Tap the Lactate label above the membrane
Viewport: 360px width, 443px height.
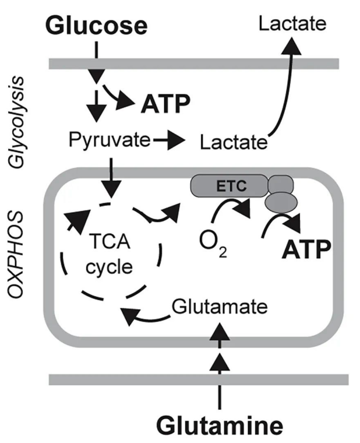coord(293,24)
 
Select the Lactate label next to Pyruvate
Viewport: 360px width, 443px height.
coord(233,142)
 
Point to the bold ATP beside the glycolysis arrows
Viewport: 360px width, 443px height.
coord(165,105)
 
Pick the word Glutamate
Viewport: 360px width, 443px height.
coord(220,306)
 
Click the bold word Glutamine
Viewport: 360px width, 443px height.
coord(221,425)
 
